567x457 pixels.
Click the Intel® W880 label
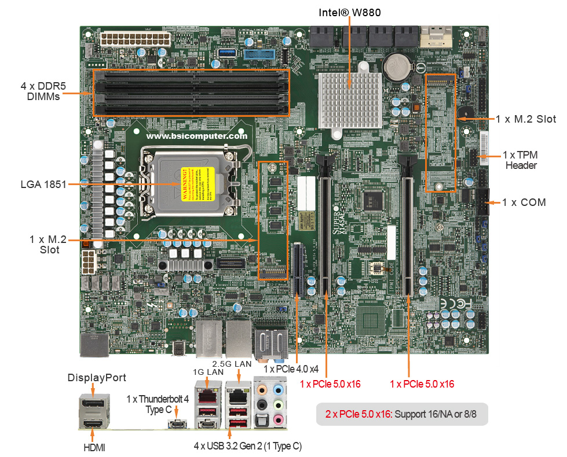point(349,12)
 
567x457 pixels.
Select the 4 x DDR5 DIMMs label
point(43,91)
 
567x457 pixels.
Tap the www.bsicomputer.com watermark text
point(197,137)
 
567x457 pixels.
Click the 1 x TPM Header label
point(521,160)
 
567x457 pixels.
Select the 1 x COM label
point(524,202)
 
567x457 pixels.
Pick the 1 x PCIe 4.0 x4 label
point(291,368)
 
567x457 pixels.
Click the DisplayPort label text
point(97,378)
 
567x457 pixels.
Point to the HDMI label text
point(93,447)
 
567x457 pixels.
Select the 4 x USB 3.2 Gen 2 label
point(247,446)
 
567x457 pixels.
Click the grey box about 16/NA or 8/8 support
point(401,415)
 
